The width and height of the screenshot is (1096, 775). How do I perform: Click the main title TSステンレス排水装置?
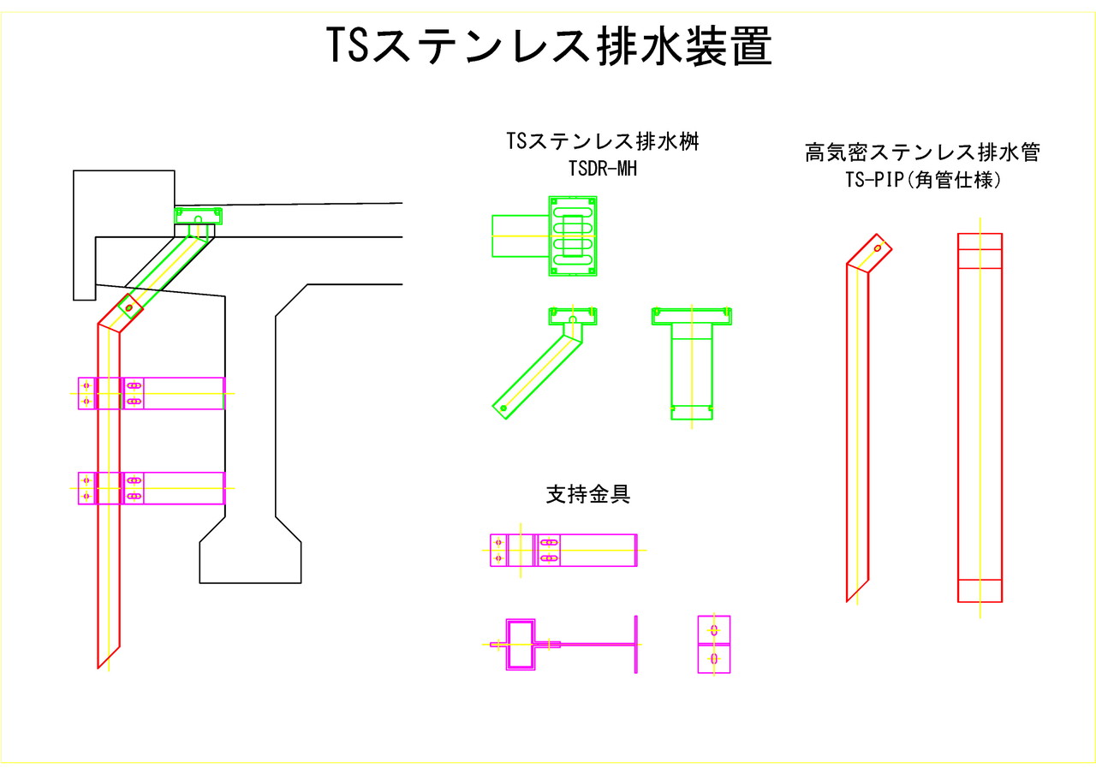pos(549,45)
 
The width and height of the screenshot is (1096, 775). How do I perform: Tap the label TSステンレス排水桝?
pos(603,141)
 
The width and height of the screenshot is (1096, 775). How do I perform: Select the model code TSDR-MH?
pos(603,169)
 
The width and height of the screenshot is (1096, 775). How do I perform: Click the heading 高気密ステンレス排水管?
pos(922,153)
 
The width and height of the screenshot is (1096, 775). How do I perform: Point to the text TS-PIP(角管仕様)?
pos(922,181)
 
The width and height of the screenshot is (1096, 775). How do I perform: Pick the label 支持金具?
pos(588,494)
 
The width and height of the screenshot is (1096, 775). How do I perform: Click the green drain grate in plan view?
pos(572,235)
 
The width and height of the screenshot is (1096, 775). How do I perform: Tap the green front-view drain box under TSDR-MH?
pos(692,364)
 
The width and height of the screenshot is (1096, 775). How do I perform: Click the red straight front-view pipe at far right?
pos(980,418)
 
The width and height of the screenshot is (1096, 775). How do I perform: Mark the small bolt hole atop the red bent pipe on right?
pos(878,248)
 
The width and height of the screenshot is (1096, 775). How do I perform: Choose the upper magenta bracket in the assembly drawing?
pos(152,393)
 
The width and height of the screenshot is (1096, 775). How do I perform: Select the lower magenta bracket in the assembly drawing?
pos(152,488)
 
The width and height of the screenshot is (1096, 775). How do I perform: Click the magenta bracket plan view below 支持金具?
pos(563,550)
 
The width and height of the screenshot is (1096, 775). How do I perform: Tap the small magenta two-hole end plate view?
pos(714,644)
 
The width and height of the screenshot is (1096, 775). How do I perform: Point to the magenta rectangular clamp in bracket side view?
pos(521,644)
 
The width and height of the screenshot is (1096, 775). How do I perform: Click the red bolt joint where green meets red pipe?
pos(129,307)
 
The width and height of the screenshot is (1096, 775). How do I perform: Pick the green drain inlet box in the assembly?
pos(199,216)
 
